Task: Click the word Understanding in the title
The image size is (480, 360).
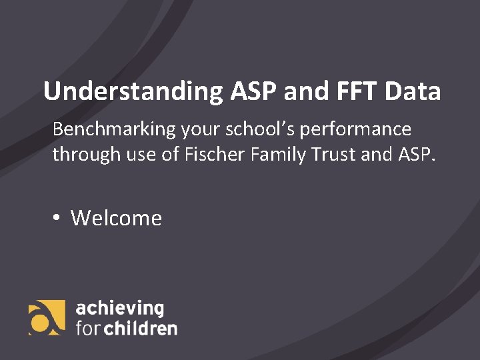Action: click(x=133, y=91)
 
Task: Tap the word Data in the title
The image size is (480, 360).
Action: click(x=413, y=91)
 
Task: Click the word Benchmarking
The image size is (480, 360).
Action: click(x=114, y=129)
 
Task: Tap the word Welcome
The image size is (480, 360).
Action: click(x=117, y=218)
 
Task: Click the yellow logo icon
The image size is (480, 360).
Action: click(x=47, y=317)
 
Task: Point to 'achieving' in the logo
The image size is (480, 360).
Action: click(x=120, y=309)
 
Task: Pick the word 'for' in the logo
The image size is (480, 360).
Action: click(x=88, y=328)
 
